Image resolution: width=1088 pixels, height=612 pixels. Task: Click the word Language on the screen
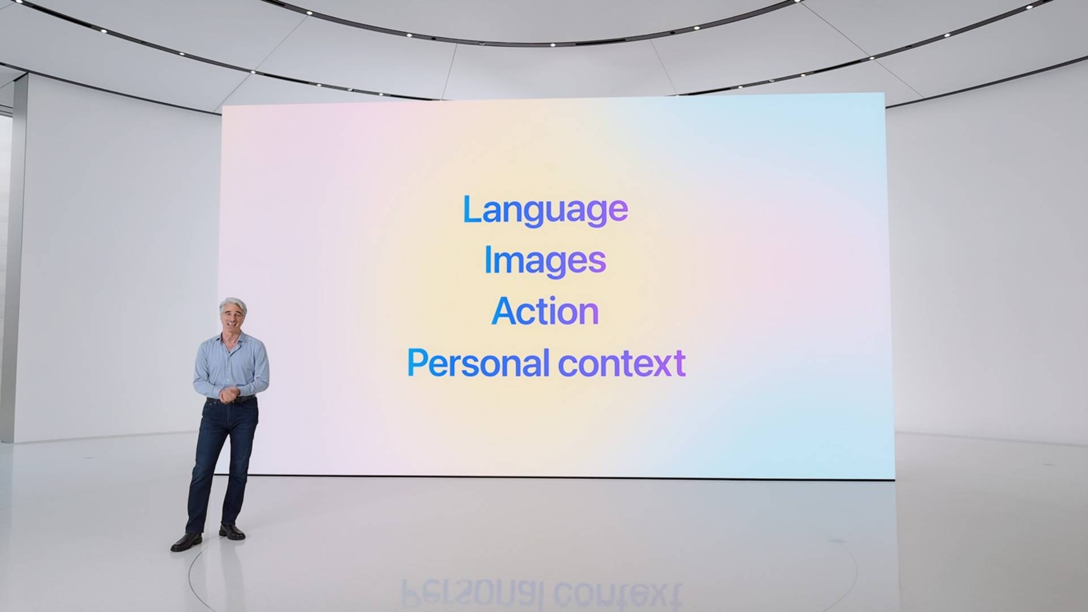[x=545, y=211]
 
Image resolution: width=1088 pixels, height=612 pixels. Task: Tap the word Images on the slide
[x=545, y=261]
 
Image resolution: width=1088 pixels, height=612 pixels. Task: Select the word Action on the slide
[x=545, y=311]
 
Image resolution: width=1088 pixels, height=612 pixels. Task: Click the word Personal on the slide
[x=478, y=363]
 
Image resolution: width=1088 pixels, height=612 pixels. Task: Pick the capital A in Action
[x=504, y=311]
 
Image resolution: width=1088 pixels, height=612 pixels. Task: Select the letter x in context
[x=662, y=366]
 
